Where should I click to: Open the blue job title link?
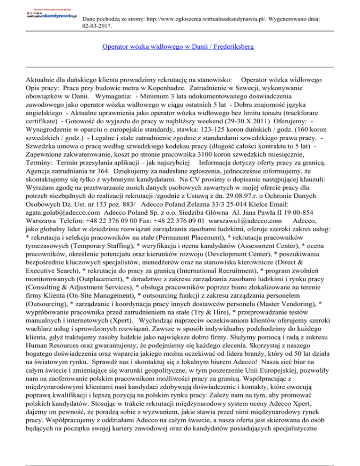180,47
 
